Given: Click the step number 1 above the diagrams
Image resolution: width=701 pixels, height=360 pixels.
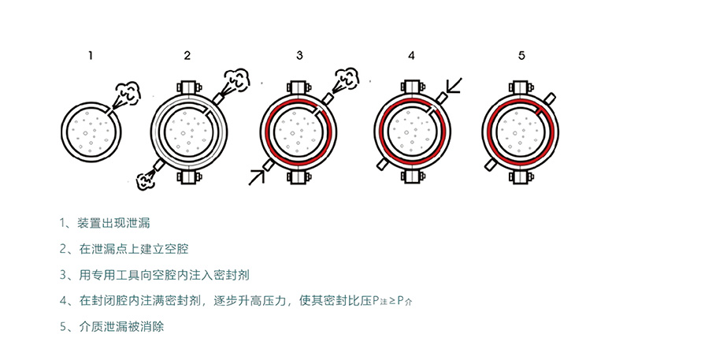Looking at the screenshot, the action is tap(91, 55).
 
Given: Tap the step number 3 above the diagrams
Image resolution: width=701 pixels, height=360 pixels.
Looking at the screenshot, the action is tap(299, 55).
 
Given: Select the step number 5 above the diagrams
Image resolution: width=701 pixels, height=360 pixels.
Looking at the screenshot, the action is tap(521, 55).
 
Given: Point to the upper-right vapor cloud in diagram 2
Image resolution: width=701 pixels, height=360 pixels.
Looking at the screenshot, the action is tap(236, 79).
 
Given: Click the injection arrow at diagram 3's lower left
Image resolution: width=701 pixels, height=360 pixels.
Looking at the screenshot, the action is tap(257, 177).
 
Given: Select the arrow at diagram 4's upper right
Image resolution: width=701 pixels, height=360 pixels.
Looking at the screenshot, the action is tap(454, 85).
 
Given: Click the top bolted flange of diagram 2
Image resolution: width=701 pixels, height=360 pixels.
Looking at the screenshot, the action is tap(191, 87).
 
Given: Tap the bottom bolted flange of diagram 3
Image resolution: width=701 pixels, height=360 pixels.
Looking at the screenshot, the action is tap(299, 176).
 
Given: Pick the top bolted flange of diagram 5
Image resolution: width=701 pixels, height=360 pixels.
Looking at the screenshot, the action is tap(520, 87).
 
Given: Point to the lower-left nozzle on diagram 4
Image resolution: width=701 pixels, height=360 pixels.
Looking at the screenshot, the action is tap(383, 164).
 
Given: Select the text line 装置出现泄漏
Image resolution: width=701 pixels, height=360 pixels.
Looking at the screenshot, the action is tap(113, 223).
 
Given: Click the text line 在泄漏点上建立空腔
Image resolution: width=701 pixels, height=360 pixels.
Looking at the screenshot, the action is tap(134, 249).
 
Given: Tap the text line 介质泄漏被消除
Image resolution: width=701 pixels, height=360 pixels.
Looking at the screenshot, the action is tap(121, 326).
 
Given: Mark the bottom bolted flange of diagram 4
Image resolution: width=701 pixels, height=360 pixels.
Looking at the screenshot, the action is tap(412, 176).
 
